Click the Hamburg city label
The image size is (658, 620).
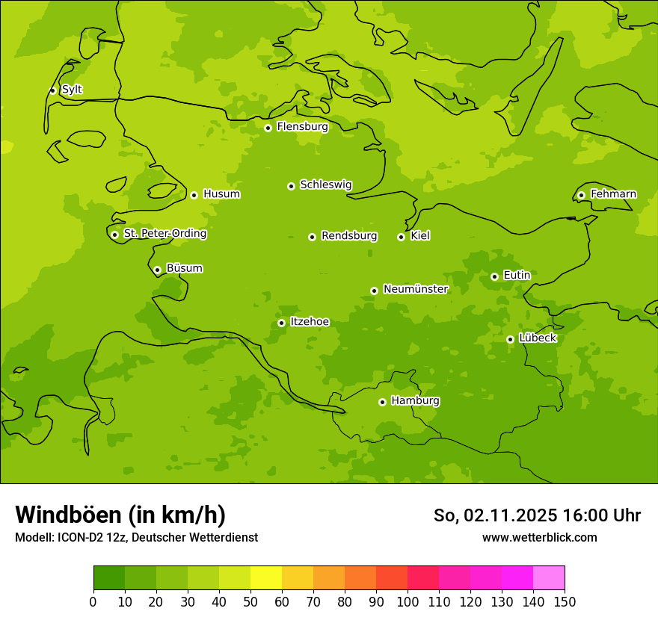(415, 401)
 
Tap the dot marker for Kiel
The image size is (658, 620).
(402, 237)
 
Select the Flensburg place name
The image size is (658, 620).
(302, 127)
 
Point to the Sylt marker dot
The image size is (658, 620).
(52, 90)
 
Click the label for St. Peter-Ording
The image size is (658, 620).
(164, 234)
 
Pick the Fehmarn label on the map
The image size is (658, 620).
(613, 194)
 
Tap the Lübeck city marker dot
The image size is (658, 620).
(510, 339)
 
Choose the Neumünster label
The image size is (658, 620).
(415, 289)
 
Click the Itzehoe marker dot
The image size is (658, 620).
(281, 323)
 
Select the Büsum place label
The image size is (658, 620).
(184, 268)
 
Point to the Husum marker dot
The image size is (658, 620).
(194, 195)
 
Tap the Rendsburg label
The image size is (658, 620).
(348, 236)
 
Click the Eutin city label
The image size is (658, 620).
(517, 276)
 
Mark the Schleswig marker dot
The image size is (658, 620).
(291, 186)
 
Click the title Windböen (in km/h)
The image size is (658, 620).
(120, 515)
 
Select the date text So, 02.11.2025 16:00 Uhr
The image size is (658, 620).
(537, 515)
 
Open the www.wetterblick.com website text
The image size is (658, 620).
(539, 537)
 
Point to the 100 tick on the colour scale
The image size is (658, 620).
(408, 601)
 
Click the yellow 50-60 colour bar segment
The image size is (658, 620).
(266, 578)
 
